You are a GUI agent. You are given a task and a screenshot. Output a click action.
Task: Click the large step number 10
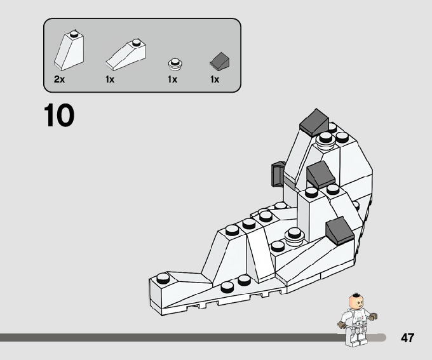pyautogui.click(x=59, y=116)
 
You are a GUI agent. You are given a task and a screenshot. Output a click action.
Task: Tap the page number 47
pyautogui.click(x=407, y=338)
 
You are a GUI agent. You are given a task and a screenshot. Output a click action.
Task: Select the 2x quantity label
pyautogui.click(x=60, y=79)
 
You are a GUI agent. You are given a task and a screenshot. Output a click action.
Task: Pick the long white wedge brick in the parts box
pyautogui.click(x=126, y=54)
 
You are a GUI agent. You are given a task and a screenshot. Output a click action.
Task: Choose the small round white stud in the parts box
pyautogui.click(x=174, y=63)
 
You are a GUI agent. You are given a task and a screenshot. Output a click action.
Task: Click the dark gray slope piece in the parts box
pyautogui.click(x=219, y=62)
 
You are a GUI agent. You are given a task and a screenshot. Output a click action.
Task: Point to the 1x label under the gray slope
pyautogui.click(x=215, y=79)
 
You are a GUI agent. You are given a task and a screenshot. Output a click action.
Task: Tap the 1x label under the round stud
pyautogui.click(x=172, y=79)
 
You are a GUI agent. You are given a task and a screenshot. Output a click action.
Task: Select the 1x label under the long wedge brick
pyautogui.click(x=110, y=79)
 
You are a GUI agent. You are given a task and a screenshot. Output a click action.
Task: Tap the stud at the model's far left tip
pyautogui.click(x=164, y=277)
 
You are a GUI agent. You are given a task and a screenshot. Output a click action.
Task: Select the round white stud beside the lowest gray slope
pyautogui.click(x=294, y=234)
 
